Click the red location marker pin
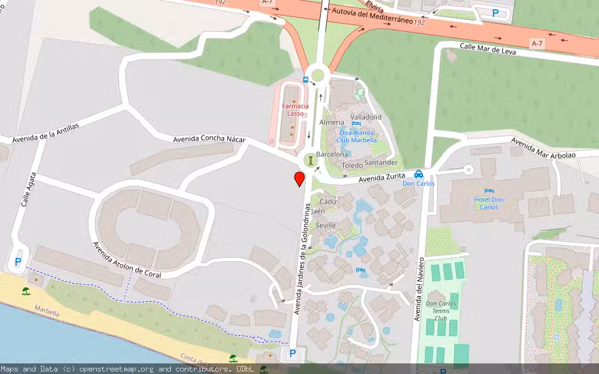tap(299, 179)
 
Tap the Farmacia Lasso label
tap(296, 110)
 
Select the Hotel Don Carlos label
tap(489, 203)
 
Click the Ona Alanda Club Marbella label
tap(358, 136)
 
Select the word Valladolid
tap(366, 117)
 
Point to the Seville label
tap(326, 225)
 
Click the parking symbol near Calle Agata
tap(17, 262)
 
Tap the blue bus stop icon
tap(305, 79)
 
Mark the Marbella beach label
tap(47, 311)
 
